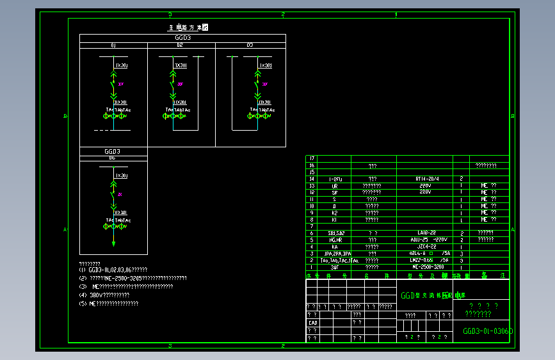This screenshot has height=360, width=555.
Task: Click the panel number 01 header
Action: pos(113,45)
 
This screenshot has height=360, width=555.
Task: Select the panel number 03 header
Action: pos(250,45)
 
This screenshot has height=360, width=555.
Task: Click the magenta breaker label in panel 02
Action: pos(181,84)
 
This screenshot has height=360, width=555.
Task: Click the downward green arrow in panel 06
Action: pos(113,242)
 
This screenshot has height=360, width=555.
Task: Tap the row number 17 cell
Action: pos(312,158)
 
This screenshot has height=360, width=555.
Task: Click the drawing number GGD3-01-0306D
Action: pos(488,332)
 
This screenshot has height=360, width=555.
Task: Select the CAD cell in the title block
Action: pos(313,323)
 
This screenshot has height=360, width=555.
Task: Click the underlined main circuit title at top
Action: pos(188,28)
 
